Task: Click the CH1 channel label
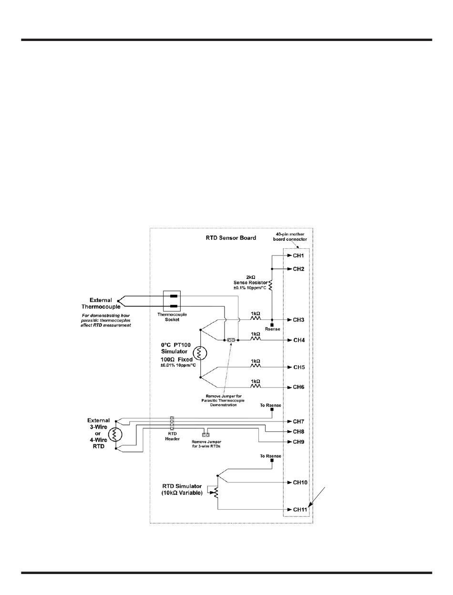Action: tap(299, 256)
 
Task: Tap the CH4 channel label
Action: tap(299, 340)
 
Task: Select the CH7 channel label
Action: tap(299, 422)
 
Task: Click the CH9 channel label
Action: tap(299, 442)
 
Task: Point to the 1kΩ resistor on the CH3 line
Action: tap(256, 319)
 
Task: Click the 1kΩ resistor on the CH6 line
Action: tap(256, 387)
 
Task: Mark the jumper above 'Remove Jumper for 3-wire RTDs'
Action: tap(206, 435)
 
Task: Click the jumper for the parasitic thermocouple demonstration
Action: tap(231, 340)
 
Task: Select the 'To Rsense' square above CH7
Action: tap(272, 410)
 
